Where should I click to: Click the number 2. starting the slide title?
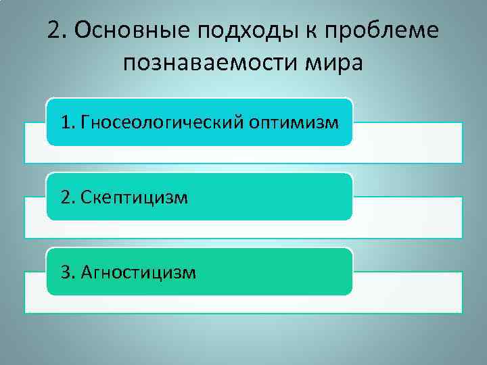click(x=59, y=30)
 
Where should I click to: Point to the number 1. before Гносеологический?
click(x=68, y=122)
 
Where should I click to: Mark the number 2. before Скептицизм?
click(x=68, y=197)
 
